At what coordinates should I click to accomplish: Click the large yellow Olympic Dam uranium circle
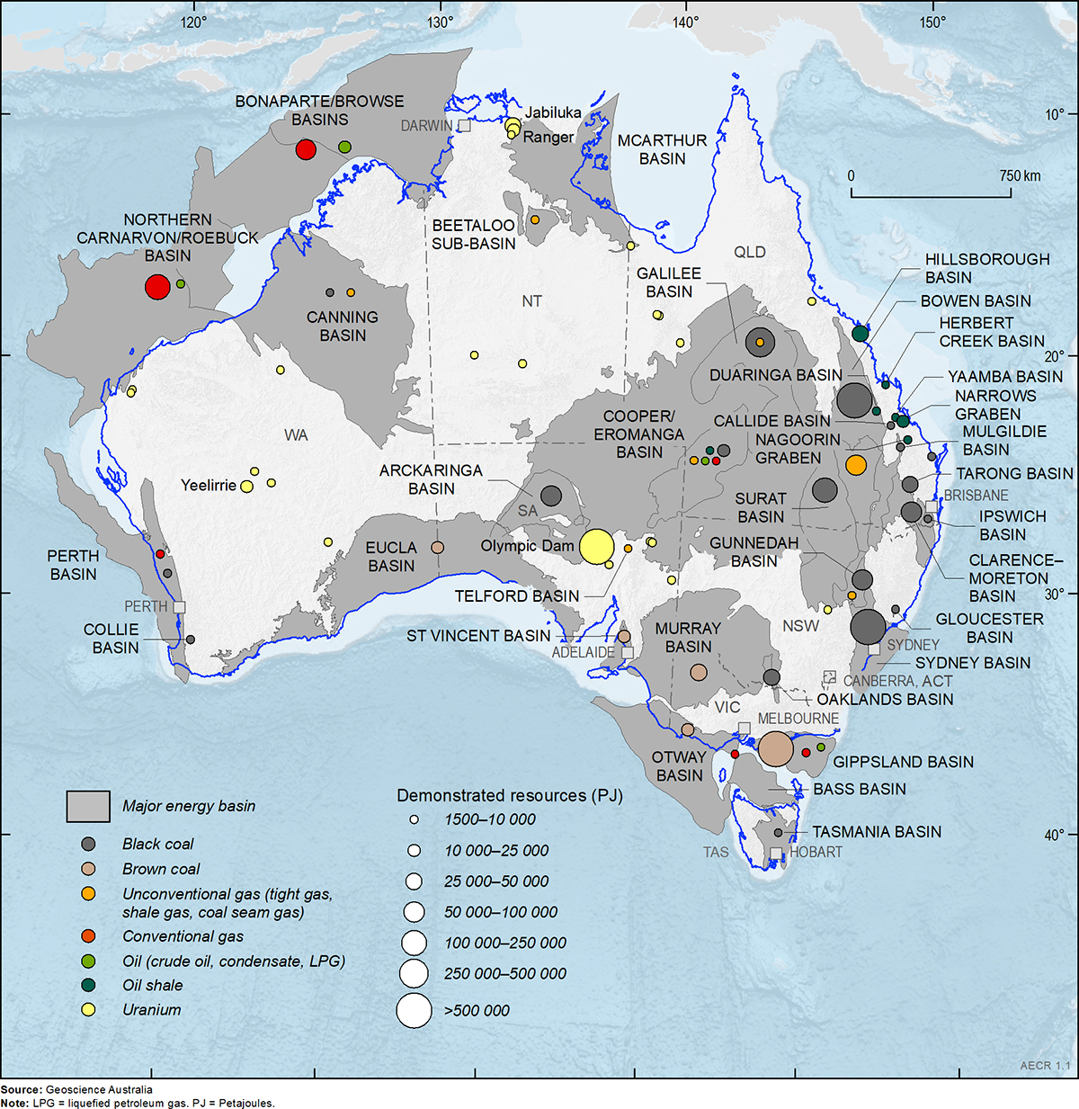596,546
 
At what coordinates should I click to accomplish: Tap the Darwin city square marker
464,126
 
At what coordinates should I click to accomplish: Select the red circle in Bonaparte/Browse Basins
306,149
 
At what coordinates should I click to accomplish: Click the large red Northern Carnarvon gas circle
157,287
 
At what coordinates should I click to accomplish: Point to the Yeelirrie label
208,486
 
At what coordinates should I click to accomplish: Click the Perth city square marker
179,607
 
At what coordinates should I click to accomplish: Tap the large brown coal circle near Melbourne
776,748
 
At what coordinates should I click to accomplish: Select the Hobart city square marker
776,853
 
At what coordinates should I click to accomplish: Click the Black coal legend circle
88,844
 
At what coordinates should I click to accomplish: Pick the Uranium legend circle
88,1010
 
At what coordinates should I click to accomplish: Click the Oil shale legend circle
88,985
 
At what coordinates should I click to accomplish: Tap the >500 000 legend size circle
414,1010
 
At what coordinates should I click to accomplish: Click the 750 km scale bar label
1020,176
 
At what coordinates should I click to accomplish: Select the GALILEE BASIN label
669,282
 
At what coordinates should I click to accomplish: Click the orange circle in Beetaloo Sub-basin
535,219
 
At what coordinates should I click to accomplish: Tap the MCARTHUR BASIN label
662,149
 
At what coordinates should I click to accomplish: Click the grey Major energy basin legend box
88,807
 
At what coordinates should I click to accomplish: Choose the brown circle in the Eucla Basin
438,547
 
